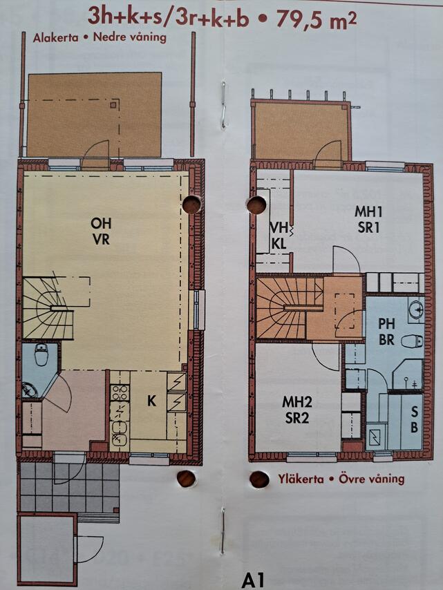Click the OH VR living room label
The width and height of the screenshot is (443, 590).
(x=101, y=231)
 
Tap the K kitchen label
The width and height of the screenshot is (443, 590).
(x=151, y=401)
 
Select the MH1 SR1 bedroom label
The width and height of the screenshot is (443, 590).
(x=368, y=220)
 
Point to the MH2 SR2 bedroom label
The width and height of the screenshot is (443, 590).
(x=297, y=410)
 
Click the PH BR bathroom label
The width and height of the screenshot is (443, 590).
(x=386, y=331)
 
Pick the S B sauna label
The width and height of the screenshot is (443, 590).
(x=414, y=419)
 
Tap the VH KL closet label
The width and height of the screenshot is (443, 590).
(x=279, y=236)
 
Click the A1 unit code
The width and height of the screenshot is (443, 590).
(x=252, y=580)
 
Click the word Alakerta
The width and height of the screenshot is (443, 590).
(x=56, y=38)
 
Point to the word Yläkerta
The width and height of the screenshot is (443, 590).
(x=301, y=479)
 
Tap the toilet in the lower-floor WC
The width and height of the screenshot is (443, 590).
(x=40, y=354)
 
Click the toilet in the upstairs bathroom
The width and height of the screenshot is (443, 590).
(x=411, y=341)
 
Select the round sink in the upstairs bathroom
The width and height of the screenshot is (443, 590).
(x=417, y=310)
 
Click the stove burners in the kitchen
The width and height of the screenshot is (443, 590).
(x=120, y=392)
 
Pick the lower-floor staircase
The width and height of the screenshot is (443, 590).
(x=48, y=307)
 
